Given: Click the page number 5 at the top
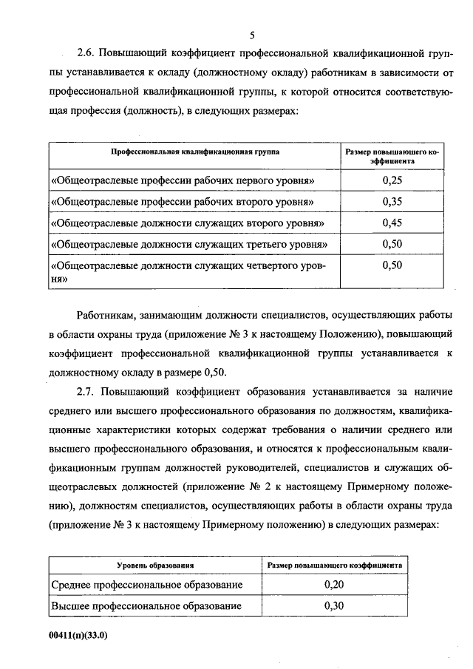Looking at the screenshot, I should click(251, 35).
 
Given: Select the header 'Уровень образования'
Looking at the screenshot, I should click(155, 565).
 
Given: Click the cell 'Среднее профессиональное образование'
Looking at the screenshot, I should click(147, 585).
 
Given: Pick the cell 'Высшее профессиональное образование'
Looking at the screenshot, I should click(147, 606).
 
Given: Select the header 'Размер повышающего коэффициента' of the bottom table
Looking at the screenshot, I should click(335, 565).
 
